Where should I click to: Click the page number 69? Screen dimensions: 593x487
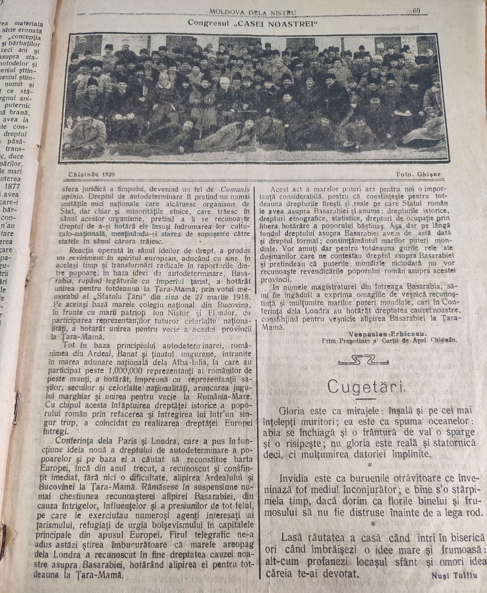[416, 11]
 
